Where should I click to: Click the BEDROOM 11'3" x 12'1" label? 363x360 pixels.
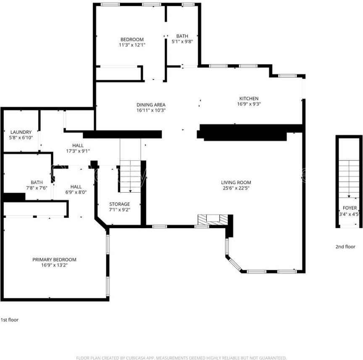tap(132, 42)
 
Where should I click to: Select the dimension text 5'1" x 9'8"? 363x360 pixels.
tap(182, 42)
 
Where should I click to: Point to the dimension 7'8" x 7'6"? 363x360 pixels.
tap(37, 188)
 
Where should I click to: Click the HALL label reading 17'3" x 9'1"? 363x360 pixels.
tap(78, 148)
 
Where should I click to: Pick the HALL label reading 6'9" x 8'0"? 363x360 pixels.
tap(76, 190)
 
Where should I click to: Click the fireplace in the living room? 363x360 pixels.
tap(213, 219)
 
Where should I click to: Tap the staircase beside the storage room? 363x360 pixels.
tap(130, 176)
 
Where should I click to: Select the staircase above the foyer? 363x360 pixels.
tap(349, 179)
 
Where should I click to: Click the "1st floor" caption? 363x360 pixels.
tap(10, 320)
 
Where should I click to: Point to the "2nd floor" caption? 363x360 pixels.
tap(345, 247)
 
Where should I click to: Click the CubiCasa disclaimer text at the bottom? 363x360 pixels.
tap(181, 358)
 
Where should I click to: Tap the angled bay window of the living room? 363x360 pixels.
tap(234, 263)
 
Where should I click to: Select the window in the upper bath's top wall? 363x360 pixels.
tap(188, 4)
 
